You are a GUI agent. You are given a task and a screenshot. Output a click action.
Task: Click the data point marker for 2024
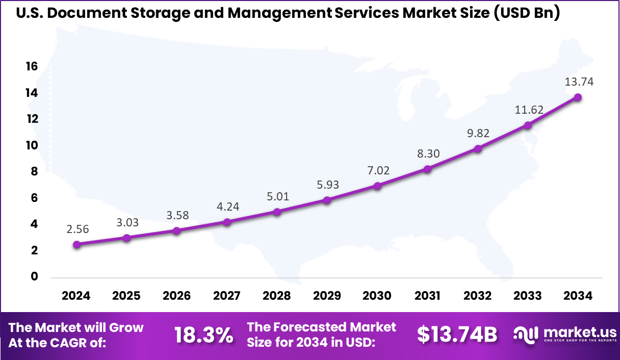pos(76,245)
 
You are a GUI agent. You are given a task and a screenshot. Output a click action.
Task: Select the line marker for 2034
pos(578,97)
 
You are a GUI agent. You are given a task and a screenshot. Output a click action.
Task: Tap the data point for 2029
pos(327,200)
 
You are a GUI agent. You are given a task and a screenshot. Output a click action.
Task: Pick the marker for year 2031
pos(427,169)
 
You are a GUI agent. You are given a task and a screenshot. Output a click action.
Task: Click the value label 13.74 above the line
pos(579,82)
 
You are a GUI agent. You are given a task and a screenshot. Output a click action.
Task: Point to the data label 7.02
pos(377,170)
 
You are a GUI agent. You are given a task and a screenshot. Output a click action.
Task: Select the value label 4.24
pos(227,207)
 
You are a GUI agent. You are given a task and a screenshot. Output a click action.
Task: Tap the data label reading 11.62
pos(529,110)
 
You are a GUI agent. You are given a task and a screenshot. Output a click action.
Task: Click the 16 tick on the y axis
pos(32,66)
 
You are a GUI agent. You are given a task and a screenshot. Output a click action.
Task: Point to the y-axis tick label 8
pos(35,171)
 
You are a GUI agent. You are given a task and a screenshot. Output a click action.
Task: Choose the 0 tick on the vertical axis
pos(35,276)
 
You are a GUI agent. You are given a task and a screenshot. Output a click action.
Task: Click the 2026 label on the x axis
pos(176,296)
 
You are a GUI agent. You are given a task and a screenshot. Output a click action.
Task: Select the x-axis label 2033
pos(528,296)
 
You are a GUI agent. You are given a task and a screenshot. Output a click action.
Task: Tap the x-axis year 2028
pos(277,296)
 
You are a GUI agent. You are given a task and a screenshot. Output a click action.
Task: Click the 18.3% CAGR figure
pos(204,335)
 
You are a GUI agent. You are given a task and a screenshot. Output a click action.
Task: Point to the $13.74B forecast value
pos(457,335)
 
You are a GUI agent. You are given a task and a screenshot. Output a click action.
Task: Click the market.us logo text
pos(580,332)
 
